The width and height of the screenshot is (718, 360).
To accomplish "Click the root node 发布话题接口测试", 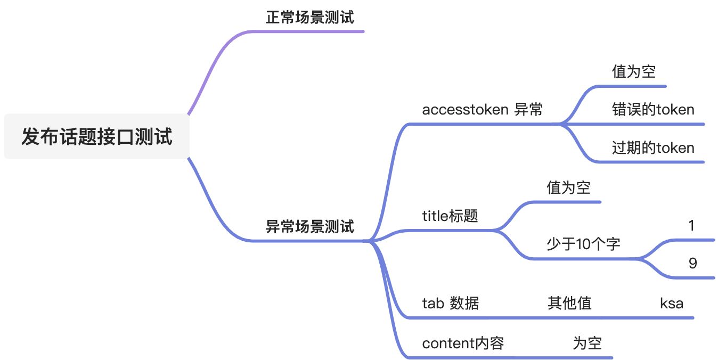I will [x=97, y=137].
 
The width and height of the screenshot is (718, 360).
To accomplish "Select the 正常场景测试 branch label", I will [x=309, y=18].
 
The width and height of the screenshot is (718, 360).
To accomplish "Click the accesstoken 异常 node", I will [x=482, y=110].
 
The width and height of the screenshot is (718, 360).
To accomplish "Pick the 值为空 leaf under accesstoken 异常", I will [x=633, y=71].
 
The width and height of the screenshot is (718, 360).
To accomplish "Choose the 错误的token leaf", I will [x=653, y=110].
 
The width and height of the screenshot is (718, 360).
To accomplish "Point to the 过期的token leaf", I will [x=653, y=148].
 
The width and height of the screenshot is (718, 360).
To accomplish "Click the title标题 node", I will [x=450, y=216].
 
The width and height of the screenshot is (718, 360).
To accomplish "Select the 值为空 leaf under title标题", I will [x=568, y=187].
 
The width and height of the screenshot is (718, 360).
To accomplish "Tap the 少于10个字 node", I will [x=583, y=244].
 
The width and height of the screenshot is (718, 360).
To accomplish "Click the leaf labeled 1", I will [x=691, y=226].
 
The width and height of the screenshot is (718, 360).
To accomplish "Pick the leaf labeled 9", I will [x=692, y=263].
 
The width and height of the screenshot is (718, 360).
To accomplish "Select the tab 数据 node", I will [x=450, y=304].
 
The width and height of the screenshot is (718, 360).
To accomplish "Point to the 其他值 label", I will [x=569, y=304].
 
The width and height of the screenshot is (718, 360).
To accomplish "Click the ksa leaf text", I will [x=671, y=304].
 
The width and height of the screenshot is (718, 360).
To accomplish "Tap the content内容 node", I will [x=463, y=343].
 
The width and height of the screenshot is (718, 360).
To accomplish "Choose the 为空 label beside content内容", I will [x=587, y=343].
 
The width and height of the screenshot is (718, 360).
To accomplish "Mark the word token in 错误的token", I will [x=675, y=110].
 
